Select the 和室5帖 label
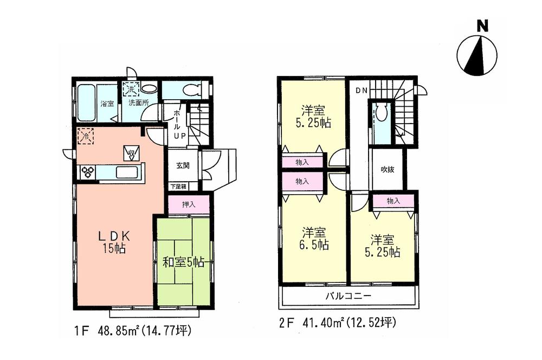click(183, 263)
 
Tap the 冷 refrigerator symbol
click(86, 136)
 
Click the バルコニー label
click(348, 297)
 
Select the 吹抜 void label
click(387, 170)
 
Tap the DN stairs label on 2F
click(362, 91)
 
